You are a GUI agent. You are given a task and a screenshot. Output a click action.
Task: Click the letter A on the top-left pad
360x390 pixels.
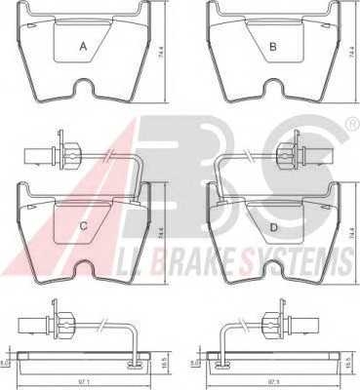83,46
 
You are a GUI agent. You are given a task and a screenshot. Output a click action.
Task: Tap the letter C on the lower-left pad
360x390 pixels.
84,227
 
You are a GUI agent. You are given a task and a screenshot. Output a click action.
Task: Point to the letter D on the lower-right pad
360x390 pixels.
274,227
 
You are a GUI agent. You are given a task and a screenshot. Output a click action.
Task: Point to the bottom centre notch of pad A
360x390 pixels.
83,93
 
